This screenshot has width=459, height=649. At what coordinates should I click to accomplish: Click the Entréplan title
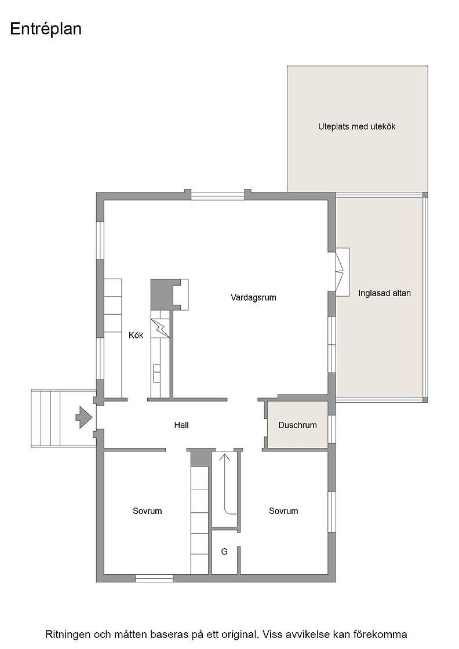pos(46,30)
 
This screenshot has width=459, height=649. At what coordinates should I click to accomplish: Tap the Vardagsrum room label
pos(253,298)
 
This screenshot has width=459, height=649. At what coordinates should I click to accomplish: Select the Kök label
pos(136,335)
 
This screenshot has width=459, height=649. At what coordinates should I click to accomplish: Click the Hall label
pos(181,425)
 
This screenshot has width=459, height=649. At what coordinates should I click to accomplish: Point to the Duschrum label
pos(297,425)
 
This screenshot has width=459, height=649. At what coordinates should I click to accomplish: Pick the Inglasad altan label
pos(384,293)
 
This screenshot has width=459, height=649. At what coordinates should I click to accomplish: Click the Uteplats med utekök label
pos(357,127)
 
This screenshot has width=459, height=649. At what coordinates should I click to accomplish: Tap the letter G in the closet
pos(224,551)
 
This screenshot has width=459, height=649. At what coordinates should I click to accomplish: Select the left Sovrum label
pos(147,511)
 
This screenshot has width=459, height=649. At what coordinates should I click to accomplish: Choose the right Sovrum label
pos(283,511)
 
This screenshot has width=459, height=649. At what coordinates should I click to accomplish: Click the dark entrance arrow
pos(83,417)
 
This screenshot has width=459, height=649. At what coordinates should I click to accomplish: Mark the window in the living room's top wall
pos(218,196)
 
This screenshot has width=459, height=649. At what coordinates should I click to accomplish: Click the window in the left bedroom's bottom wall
pos(154,578)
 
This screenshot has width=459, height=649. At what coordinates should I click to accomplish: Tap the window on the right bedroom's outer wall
pos(331,512)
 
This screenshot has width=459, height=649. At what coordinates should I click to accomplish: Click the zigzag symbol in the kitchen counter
pos(160,328)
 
